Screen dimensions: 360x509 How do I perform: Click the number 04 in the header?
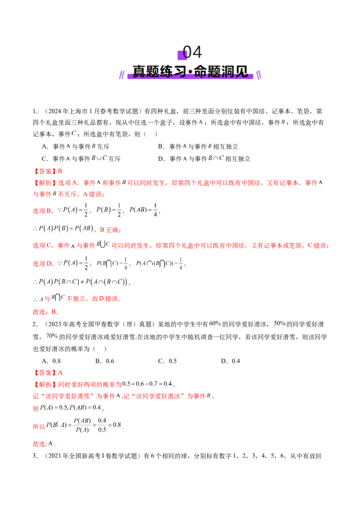(193, 53)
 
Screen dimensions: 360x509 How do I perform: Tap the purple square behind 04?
(182, 55)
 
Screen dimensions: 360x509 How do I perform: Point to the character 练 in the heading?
(168, 71)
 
